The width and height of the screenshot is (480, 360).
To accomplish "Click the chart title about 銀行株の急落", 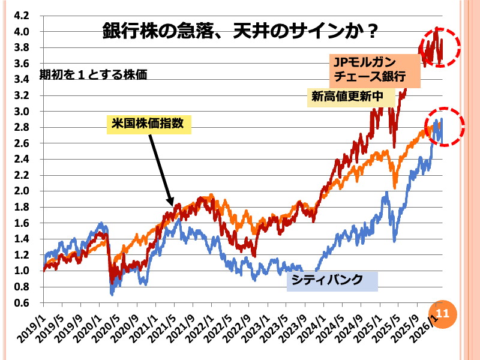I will click(239, 30).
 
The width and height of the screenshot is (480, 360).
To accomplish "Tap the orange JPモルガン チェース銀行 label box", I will click(368, 68).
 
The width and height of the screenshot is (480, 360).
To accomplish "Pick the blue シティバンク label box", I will click(332, 280).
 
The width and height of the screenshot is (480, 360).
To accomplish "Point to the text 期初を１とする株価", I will click(93, 76).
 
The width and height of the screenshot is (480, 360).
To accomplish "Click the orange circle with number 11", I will click(442, 313).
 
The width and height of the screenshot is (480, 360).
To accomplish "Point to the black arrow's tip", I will click(172, 206).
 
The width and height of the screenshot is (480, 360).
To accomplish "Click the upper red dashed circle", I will click(439, 46).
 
